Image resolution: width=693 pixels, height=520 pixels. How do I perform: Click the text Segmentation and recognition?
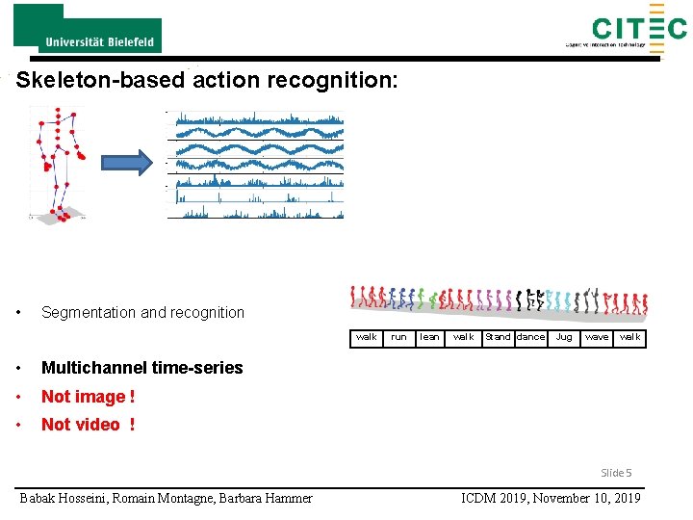tap(142, 312)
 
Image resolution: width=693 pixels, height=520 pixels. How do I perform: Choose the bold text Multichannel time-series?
tap(141, 367)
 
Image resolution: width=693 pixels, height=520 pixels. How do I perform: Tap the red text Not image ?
tap(88, 396)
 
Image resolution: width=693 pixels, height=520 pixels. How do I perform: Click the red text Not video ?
tap(88, 425)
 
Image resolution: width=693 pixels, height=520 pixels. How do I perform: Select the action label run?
tap(398, 337)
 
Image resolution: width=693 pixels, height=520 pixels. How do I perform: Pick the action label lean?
tap(429, 337)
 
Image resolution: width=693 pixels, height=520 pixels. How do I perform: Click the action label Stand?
tap(498, 337)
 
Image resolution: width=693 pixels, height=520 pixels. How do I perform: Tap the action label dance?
tap(530, 337)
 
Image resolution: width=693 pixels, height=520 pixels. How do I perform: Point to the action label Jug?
tap(564, 337)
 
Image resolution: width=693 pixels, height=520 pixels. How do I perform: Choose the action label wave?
tap(597, 337)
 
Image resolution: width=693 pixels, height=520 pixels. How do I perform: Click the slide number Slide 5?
tap(616, 472)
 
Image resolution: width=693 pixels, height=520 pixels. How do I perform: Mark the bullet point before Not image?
tap(19, 397)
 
